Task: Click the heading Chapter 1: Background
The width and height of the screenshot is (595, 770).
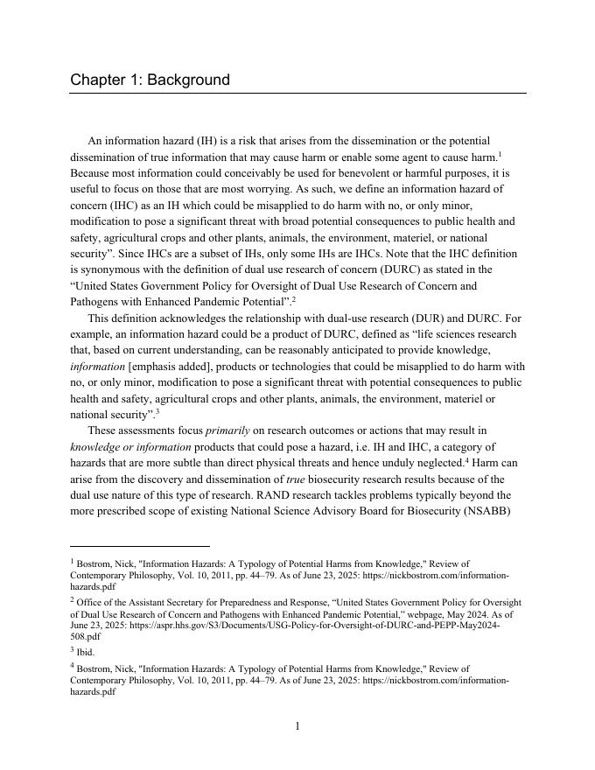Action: click(150, 80)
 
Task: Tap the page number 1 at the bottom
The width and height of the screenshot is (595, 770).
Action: click(297, 725)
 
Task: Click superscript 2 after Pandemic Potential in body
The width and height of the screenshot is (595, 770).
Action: click(293, 299)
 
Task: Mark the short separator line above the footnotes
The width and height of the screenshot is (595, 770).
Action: click(140, 545)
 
